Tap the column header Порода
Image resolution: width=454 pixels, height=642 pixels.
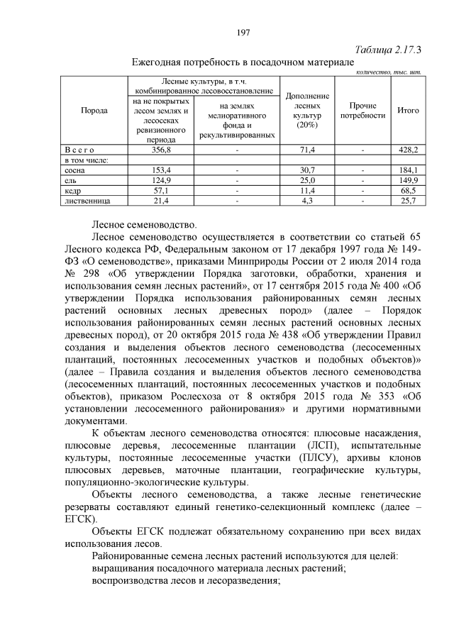click(94, 111)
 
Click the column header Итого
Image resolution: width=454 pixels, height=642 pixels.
click(407, 111)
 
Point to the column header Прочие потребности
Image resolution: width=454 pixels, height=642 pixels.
click(362, 111)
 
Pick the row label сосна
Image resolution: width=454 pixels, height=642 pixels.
click(76, 171)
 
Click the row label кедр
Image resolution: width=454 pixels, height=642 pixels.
click(74, 191)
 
